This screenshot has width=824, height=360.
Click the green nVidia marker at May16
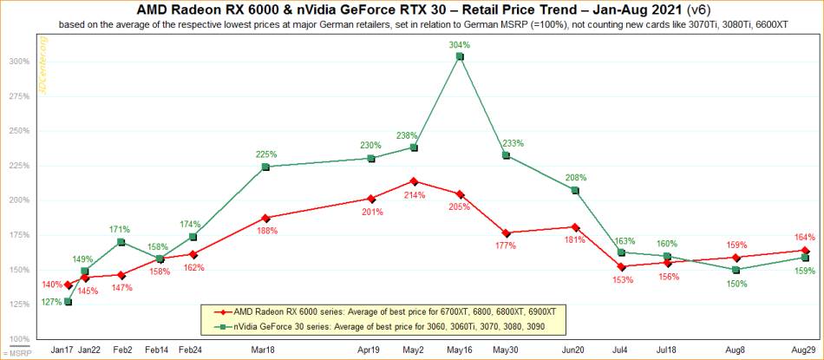[460, 56]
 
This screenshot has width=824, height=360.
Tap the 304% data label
[460, 44]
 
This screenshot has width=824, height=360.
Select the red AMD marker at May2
[414, 181]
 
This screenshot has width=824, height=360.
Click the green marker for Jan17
[68, 302]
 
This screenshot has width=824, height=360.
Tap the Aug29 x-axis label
[804, 349]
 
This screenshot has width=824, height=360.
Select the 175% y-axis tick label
[20, 235]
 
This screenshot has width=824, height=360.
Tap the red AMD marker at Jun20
[575, 227]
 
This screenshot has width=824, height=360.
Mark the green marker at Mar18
[265, 167]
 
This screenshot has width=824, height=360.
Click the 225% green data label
[267, 154]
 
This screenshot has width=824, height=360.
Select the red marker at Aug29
[805, 250]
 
